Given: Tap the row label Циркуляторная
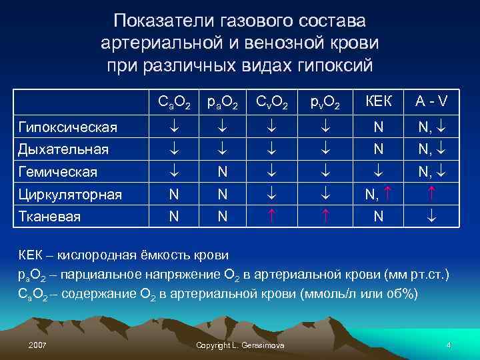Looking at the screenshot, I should pyautogui.click(x=70, y=195).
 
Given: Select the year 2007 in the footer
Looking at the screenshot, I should pyautogui.click(x=38, y=344).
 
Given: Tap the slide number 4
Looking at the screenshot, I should pyautogui.click(x=449, y=344).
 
